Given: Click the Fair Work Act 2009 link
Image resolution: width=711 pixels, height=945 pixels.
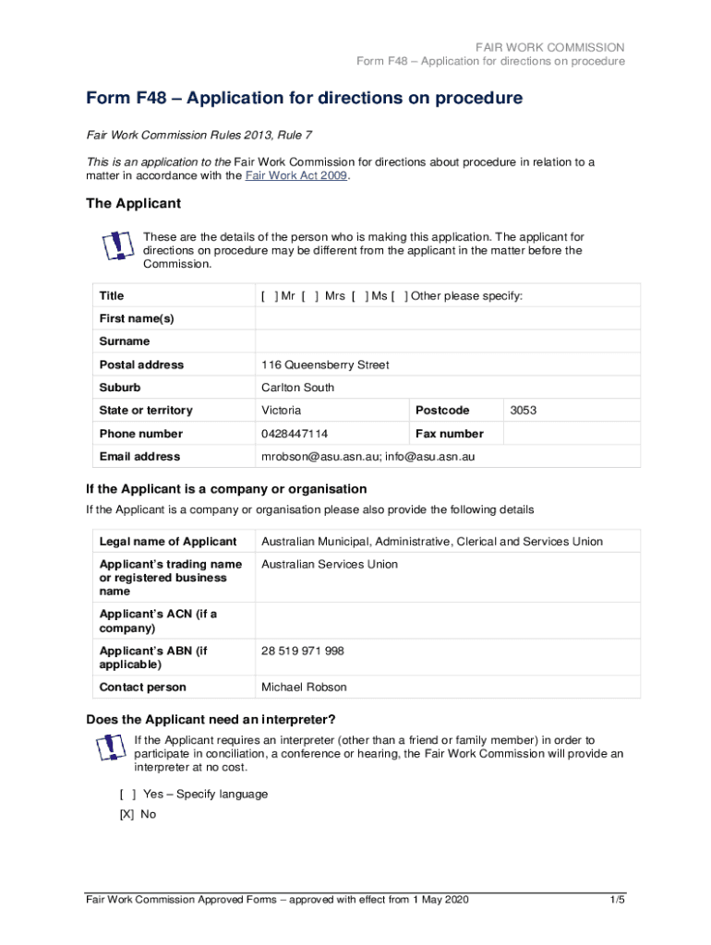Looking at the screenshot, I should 296,176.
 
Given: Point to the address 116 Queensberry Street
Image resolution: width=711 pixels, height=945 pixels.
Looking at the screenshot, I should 325,365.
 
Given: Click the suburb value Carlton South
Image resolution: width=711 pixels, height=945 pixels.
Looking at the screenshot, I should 297,388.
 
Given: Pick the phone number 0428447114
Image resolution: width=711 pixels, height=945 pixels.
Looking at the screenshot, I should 295,434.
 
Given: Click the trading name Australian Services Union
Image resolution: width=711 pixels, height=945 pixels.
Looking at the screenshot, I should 330,565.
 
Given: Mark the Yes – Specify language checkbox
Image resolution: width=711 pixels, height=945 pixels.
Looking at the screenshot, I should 127,794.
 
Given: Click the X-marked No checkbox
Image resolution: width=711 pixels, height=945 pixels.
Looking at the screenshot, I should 127,815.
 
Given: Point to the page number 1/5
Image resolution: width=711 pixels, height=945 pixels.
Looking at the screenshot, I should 617,900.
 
